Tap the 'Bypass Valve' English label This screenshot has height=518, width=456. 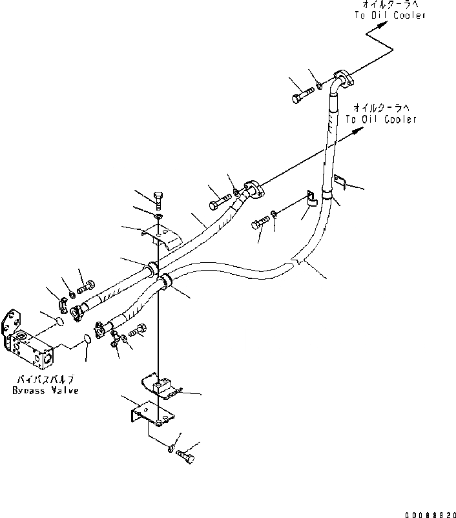click(x=45, y=391)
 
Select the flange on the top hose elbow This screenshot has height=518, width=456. click(x=342, y=79)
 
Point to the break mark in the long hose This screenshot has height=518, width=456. click(x=295, y=261)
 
